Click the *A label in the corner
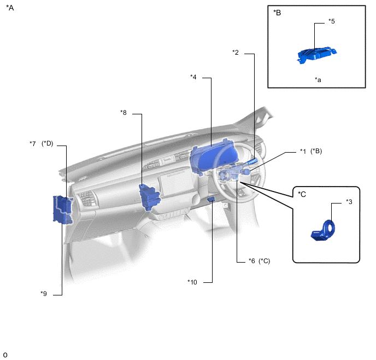pyautogui.click(x=10, y=8)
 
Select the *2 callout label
pyautogui.click(x=236, y=53)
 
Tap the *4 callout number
pyautogui.click(x=193, y=77)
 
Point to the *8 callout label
pyautogui.click(x=124, y=113)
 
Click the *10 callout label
pyautogui.click(x=192, y=282)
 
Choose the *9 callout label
pyautogui.click(x=44, y=293)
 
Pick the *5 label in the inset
pyautogui.click(x=332, y=21)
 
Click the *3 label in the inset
pyautogui.click(x=349, y=201)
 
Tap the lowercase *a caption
pyautogui.click(x=318, y=80)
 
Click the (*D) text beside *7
pyautogui.click(x=47, y=143)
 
